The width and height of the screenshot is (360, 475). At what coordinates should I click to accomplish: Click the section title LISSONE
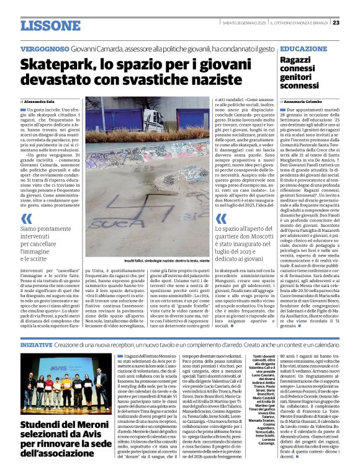click(49, 25)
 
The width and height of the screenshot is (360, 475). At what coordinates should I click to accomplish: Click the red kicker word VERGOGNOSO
click(44, 48)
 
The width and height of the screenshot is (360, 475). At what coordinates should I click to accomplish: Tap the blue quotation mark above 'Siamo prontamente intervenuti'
click(26, 218)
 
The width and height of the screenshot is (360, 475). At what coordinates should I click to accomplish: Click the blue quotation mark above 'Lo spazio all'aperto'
click(220, 218)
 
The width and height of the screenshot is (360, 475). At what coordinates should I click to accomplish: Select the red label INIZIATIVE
click(36, 344)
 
